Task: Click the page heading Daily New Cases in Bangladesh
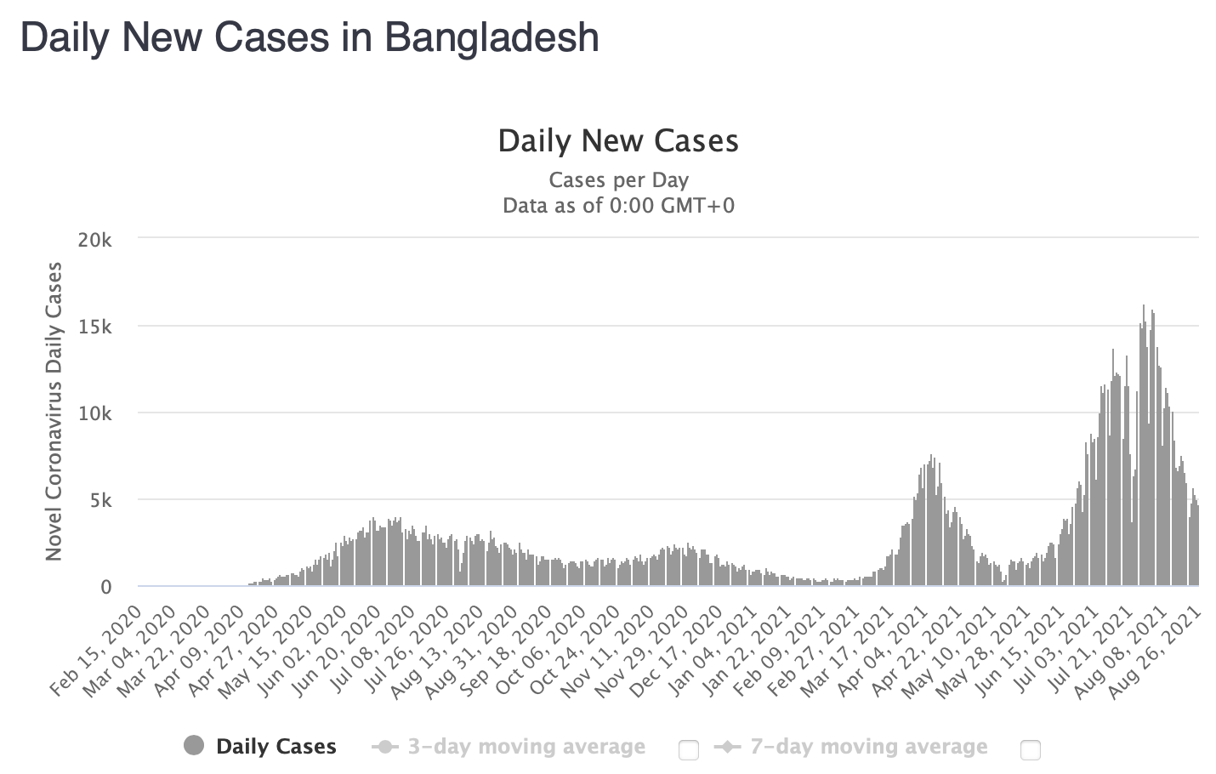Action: (310, 37)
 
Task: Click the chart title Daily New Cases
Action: (618, 140)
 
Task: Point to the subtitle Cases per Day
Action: (618, 180)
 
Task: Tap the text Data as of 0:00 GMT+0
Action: (618, 206)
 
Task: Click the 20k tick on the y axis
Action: (94, 240)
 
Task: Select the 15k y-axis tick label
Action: (94, 327)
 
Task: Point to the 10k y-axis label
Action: (94, 413)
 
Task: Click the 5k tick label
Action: (99, 500)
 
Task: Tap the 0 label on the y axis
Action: (105, 587)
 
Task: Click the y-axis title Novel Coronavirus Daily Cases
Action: (54, 412)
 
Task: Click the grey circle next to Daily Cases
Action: (194, 746)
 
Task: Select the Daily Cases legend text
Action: (276, 747)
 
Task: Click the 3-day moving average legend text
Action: (526, 747)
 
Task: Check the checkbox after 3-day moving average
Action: (689, 749)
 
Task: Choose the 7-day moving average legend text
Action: (868, 747)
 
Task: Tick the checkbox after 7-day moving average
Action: (1030, 749)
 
